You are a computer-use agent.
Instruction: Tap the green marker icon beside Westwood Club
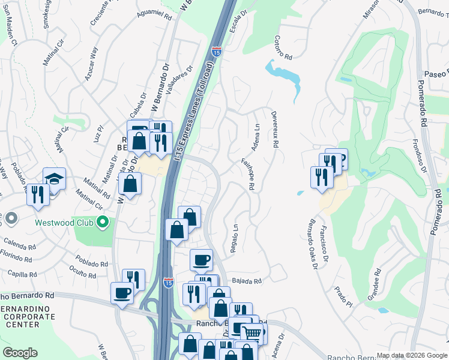pyautogui.click(x=103, y=223)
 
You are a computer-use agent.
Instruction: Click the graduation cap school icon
pyautogui.click(x=54, y=179)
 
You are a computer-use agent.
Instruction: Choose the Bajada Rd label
pyautogui.click(x=247, y=281)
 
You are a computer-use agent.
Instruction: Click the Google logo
pyautogui.click(x=20, y=353)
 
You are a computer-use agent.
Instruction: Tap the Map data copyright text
pyautogui.click(x=411, y=355)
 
